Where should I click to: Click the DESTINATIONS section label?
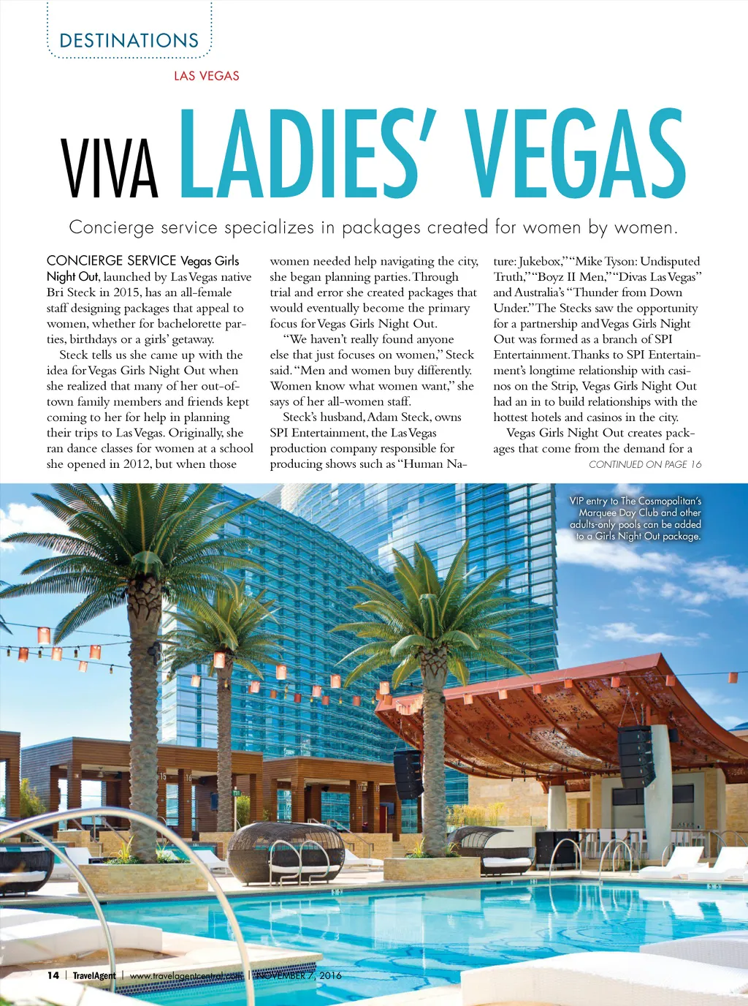click(129, 41)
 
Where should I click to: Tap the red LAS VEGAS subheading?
click(206, 75)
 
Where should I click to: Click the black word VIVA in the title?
click(110, 168)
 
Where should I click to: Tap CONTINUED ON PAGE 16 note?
click(644, 464)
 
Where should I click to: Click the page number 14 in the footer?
click(53, 975)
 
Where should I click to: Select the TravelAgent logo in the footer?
click(94, 975)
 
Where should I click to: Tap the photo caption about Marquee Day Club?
click(635, 518)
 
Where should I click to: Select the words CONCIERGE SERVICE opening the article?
click(111, 261)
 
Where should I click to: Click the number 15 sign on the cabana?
click(163, 776)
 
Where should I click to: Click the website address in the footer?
click(186, 975)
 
